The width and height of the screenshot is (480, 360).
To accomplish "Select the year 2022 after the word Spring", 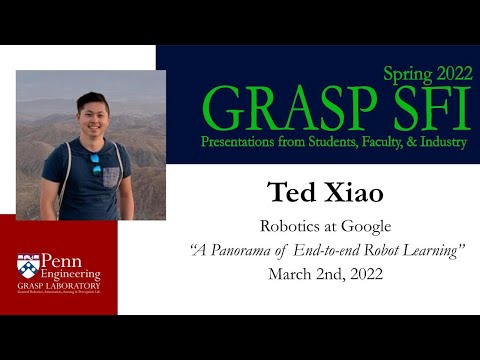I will (445, 73).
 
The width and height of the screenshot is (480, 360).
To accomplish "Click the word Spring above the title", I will (404, 74).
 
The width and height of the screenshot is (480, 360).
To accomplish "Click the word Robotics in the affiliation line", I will (285, 226).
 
